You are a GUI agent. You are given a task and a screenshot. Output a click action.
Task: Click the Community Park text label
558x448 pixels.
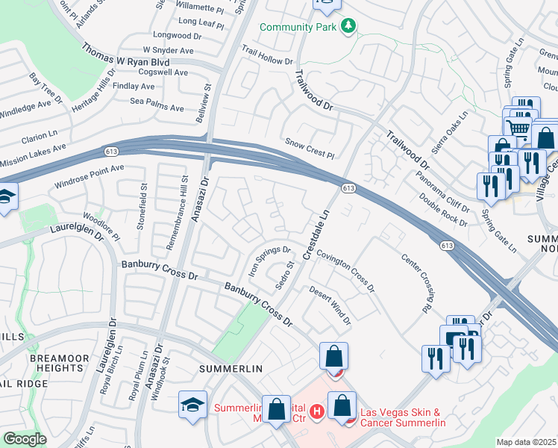pyautogui.click(x=298, y=27)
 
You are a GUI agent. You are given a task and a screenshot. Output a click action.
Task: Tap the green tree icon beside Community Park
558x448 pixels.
pyautogui.click(x=347, y=26)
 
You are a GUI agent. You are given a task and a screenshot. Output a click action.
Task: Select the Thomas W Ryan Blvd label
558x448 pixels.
pyautogui.click(x=127, y=55)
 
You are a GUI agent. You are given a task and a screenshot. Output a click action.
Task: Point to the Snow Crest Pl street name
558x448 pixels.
pyautogui.click(x=310, y=147)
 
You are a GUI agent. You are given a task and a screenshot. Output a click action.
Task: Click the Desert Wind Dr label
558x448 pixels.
pyautogui.click(x=330, y=305)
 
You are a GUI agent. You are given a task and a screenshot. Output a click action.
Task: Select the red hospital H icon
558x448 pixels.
pyautogui.click(x=316, y=411)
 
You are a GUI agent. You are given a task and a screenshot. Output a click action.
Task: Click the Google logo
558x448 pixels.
pyautogui.click(x=25, y=439)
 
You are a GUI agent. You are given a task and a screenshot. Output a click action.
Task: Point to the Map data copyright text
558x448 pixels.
pyautogui.click(x=527, y=442)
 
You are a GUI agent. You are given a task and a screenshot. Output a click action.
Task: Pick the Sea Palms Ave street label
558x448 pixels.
pyautogui.click(x=157, y=104)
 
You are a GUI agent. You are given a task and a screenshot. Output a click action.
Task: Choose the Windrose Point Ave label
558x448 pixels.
pyautogui.click(x=89, y=175)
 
